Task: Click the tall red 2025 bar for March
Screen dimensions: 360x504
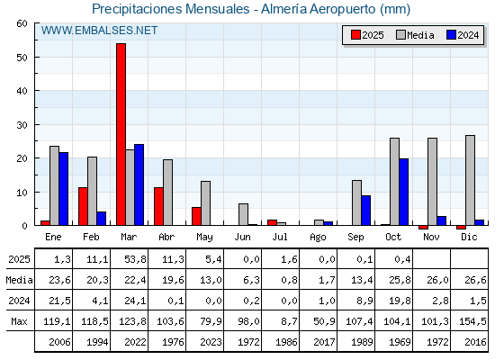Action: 121,135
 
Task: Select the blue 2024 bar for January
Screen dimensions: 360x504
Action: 63,189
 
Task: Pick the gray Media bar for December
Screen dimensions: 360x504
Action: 470,180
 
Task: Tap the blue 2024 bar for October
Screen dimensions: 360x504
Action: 404,192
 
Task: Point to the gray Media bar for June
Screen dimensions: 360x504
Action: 243,214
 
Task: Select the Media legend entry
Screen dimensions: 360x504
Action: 414,35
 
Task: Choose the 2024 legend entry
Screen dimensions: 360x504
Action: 462,35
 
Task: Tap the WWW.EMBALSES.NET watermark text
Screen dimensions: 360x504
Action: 99,31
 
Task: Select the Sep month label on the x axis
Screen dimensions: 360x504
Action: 356,237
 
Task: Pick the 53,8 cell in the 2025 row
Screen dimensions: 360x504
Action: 130,259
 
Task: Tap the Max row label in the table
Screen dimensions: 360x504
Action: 17,321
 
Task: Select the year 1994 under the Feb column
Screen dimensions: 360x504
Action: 92,342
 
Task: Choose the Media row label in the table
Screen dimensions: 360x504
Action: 17,280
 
